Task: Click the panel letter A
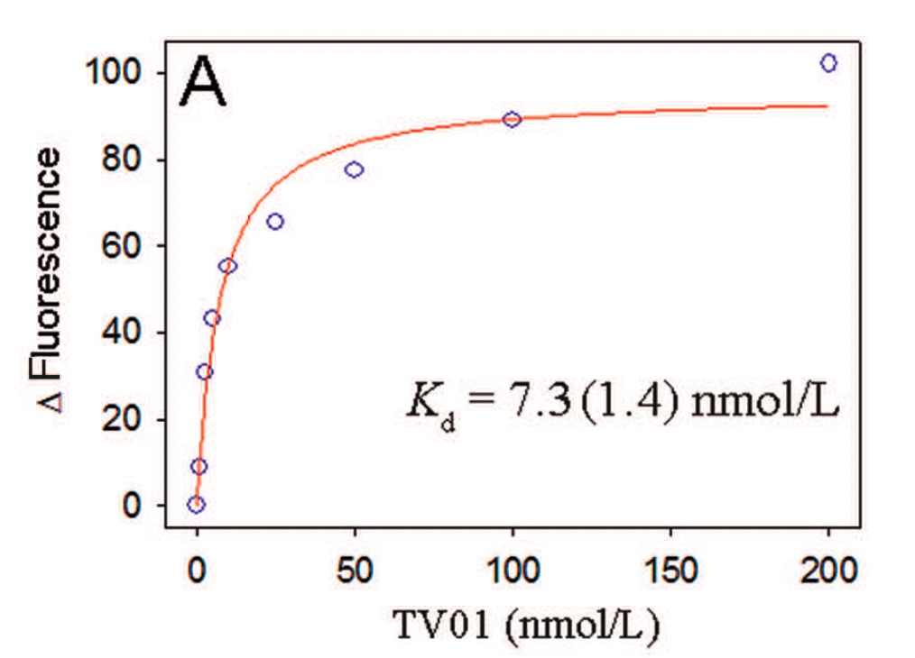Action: tap(202, 82)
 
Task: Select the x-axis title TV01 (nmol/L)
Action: tap(526, 625)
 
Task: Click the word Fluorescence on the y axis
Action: tap(47, 263)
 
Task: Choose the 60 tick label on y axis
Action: tap(122, 245)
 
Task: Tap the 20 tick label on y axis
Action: tap(122, 418)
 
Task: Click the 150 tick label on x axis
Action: tap(670, 570)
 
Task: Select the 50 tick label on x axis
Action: tap(355, 570)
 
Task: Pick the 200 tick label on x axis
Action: tap(828, 570)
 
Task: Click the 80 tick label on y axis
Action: tap(122, 160)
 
